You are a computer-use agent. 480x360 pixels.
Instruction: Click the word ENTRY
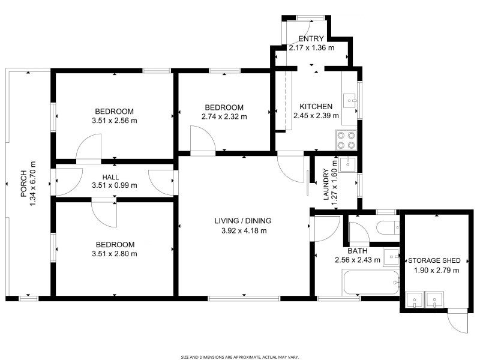click(311, 38)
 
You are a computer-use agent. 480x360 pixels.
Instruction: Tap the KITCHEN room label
click(312, 106)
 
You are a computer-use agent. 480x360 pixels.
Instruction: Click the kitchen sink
click(349, 101)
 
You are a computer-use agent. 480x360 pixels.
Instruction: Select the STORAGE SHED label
click(434, 261)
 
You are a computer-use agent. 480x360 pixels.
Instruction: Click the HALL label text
click(110, 177)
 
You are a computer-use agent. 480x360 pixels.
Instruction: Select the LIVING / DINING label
click(243, 221)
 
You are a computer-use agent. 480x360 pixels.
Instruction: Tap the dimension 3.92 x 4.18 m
click(243, 230)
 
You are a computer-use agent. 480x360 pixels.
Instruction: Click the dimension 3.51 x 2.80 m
click(114, 254)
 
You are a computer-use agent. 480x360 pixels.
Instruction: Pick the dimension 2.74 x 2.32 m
click(224, 116)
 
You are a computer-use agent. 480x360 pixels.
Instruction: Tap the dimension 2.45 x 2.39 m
click(316, 116)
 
